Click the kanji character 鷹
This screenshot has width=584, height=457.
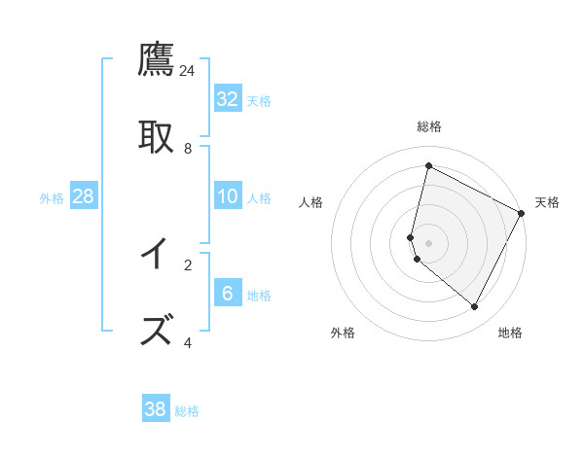point(156,59)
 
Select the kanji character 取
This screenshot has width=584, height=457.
point(156,137)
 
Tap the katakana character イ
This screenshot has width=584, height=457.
point(156,254)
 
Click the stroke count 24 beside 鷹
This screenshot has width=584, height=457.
point(188,71)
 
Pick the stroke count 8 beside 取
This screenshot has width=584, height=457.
point(188,149)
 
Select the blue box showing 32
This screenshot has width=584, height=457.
point(228,99)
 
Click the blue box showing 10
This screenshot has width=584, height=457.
point(228,196)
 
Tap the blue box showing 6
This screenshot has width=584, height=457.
point(228,294)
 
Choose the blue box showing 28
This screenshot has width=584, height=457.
point(84,196)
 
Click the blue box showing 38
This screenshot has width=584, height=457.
point(156,409)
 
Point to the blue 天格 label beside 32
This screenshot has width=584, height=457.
point(259,100)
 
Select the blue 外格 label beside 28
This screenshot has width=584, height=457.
point(52,197)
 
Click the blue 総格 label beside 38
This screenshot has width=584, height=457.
point(187,410)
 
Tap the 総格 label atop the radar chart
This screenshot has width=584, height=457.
point(429,126)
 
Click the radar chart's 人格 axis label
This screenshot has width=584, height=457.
point(311,202)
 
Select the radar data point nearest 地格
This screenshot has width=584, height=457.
point(475,307)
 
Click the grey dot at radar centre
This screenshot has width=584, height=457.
point(429,242)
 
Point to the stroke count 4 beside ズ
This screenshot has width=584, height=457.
point(188,342)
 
